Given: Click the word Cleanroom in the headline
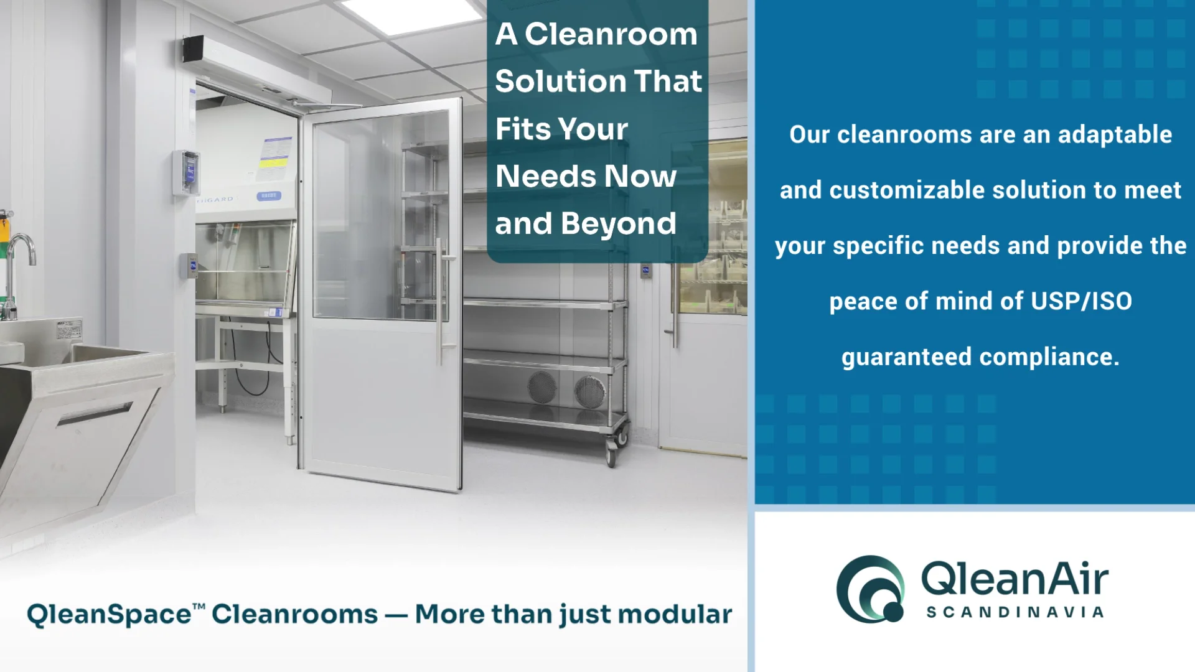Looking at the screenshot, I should (611, 34).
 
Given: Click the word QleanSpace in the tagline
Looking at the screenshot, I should (109, 614).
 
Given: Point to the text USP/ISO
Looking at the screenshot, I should (1081, 302).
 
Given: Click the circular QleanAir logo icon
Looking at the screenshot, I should (870, 589).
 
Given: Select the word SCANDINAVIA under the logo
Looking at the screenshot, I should (1015, 613).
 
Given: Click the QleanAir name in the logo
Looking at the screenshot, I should (1015, 578).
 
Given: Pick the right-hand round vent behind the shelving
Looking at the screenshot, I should (589, 391).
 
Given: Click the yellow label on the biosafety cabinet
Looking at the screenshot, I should (274, 163).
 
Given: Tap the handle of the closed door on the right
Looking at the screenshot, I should (673, 305).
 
